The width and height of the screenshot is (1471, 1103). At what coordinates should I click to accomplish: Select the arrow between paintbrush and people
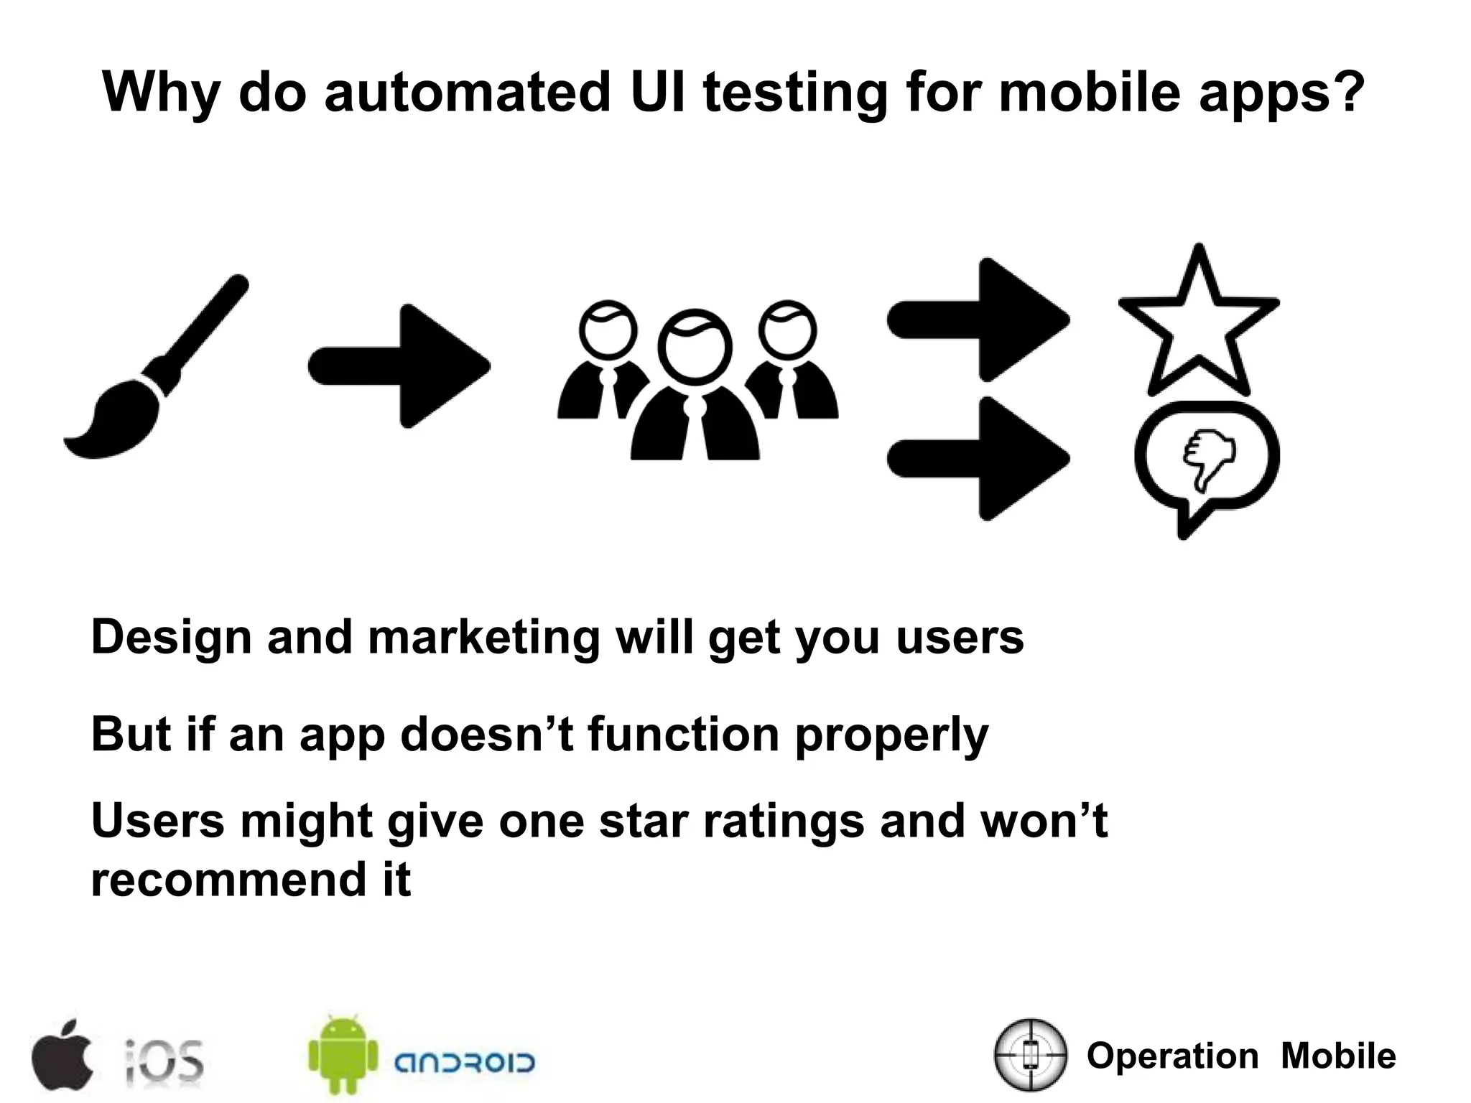[399, 366]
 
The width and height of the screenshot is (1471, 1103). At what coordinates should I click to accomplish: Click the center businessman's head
[694, 346]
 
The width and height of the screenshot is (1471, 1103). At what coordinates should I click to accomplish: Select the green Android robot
[343, 1053]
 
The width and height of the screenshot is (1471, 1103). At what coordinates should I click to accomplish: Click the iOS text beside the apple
[164, 1061]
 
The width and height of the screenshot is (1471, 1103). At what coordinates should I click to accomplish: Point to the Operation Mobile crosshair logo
[1030, 1054]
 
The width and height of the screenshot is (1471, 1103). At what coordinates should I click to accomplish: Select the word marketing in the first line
[483, 637]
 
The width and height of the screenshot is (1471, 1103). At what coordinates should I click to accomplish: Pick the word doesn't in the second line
[487, 734]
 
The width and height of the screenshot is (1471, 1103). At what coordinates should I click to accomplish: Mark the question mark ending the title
[1350, 92]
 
